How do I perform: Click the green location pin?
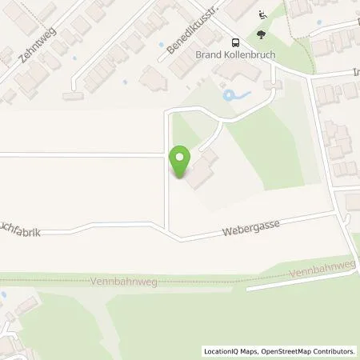(181, 163)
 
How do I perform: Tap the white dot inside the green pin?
(181, 158)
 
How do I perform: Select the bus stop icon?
(235, 43)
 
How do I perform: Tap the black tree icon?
(262, 35)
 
